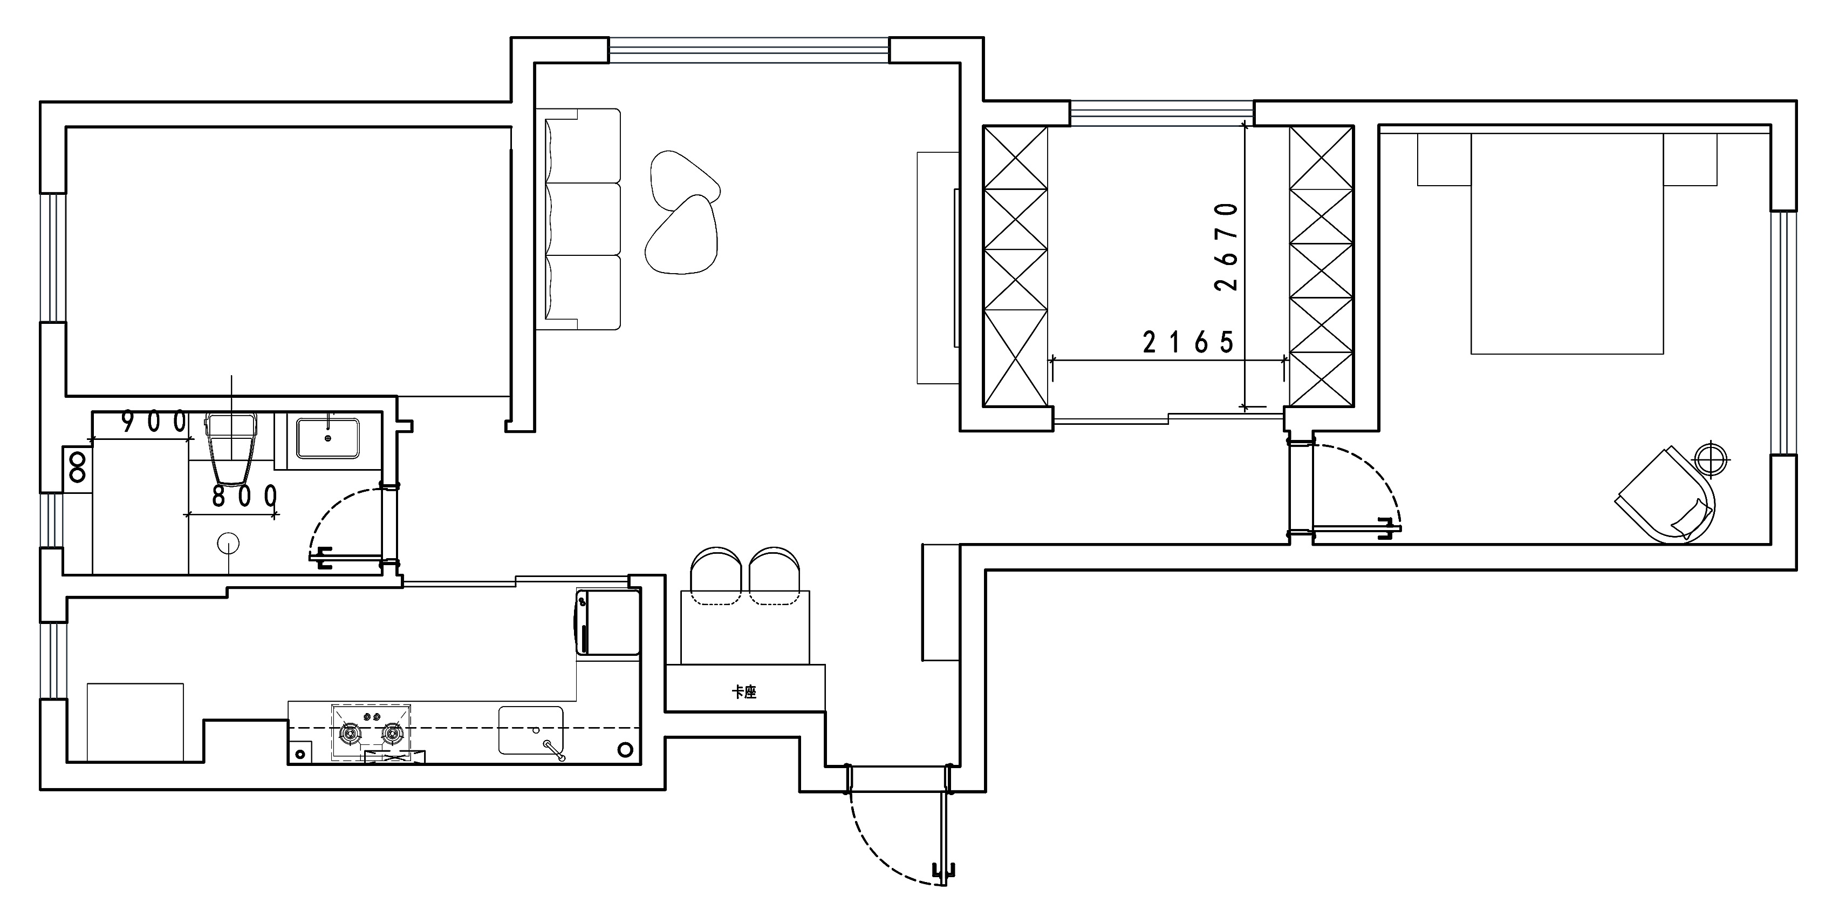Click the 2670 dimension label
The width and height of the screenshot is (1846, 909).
pos(1226,247)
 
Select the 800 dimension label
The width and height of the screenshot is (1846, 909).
pos(244,496)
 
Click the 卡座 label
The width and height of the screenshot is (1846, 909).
pos(744,692)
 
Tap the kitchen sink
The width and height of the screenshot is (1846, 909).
pos(531,730)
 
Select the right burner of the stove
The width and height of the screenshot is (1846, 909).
pos(392,732)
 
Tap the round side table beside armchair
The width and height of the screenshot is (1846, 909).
pos(1712,457)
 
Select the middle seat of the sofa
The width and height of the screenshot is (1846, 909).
pos(583,219)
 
